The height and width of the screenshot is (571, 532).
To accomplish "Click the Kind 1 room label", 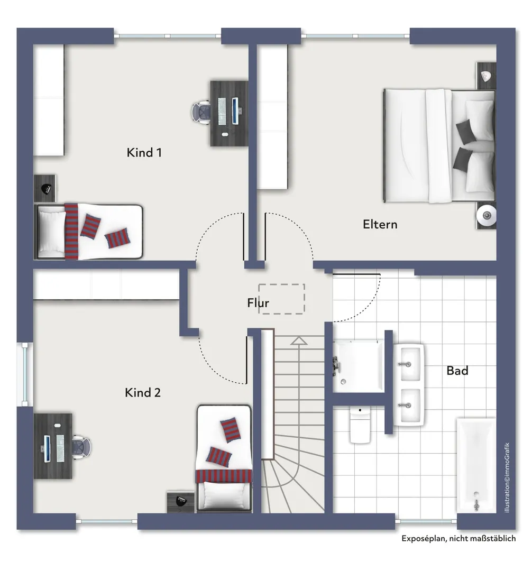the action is [144, 153].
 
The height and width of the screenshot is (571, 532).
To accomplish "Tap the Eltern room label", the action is [380, 224].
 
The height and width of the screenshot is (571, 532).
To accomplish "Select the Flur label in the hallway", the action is [258, 302].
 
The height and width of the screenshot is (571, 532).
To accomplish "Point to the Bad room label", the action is [457, 371].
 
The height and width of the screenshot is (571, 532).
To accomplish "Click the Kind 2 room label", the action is [143, 392].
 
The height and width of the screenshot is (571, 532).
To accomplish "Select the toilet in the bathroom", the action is [360, 425].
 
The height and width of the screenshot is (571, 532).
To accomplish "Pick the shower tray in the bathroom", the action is [359, 366].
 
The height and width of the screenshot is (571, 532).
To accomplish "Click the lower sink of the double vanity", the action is [410, 405].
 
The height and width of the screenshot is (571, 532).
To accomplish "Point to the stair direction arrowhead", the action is [299, 341].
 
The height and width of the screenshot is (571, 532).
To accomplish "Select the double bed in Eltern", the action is [439, 146].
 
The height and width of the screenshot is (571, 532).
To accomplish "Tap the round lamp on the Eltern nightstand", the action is [487, 216].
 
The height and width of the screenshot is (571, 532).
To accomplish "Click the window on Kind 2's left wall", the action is [25, 374].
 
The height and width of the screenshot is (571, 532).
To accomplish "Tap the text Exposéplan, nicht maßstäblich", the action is [458, 539].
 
